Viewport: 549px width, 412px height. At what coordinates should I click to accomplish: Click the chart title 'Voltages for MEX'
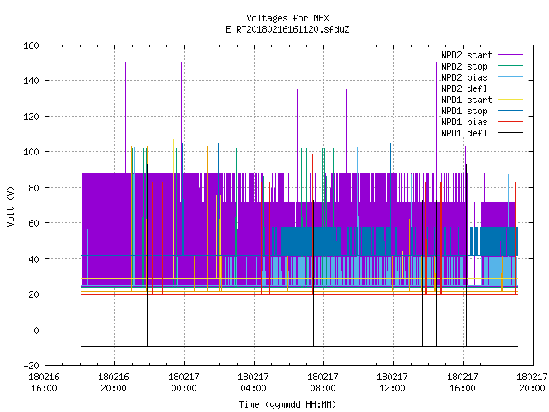pos(287,18)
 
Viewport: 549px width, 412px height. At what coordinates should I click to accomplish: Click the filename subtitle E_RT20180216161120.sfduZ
pos(287,29)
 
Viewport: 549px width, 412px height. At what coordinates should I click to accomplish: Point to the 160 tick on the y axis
pos(31,45)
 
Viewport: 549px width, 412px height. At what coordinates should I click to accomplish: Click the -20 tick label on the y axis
pos(31,366)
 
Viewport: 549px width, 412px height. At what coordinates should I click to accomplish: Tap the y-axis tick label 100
pos(31,152)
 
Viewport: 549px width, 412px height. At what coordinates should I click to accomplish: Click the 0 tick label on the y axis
pos(36,330)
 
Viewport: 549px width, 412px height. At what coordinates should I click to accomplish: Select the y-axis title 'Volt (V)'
pos(11,207)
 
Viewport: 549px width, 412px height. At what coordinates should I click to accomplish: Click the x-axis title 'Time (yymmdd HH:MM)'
pos(287,404)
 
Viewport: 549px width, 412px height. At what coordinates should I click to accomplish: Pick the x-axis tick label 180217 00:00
pos(184,383)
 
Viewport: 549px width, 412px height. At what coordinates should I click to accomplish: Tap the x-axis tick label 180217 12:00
pos(392,383)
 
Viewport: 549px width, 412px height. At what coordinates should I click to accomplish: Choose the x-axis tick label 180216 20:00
pos(113,383)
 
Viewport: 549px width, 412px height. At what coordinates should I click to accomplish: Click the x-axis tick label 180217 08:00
pos(323,383)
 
